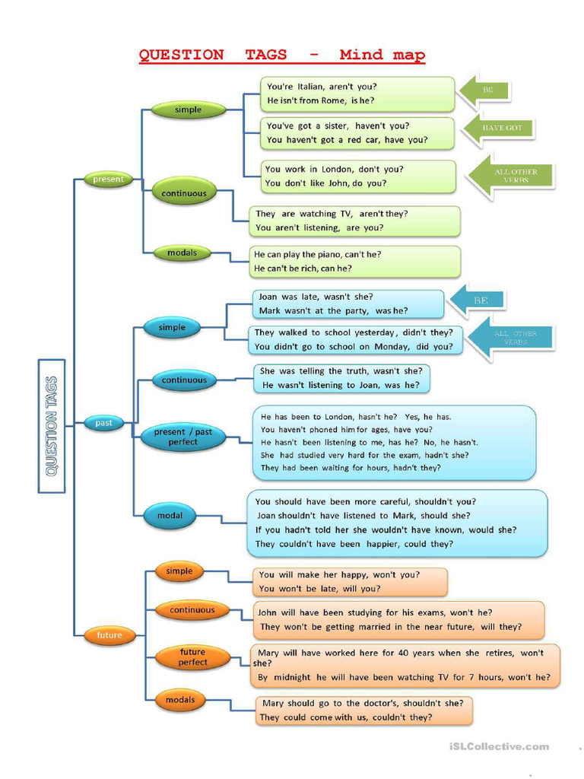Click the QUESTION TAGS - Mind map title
pyautogui.click(x=282, y=55)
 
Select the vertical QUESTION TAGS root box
pyautogui.click(x=52, y=426)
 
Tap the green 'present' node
pyautogui.click(x=108, y=180)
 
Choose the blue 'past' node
pyautogui.click(x=103, y=424)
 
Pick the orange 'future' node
pyautogui.click(x=109, y=635)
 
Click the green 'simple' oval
pyautogui.click(x=188, y=110)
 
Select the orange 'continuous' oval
pyautogui.click(x=192, y=610)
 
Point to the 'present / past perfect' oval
pyautogui.click(x=182, y=437)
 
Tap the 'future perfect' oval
pyautogui.click(x=192, y=657)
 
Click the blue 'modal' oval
pyautogui.click(x=170, y=516)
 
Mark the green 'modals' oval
pyautogui.click(x=182, y=253)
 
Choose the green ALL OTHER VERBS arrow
pyautogui.click(x=511, y=176)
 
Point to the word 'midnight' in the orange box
pyautogui.click(x=292, y=677)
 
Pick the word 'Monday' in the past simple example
pyautogui.click(x=392, y=346)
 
